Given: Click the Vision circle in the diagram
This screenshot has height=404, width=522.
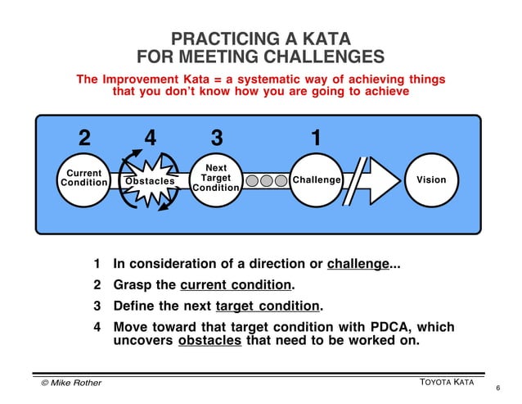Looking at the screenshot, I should pos(431,179).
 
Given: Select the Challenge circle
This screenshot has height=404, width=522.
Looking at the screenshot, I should pos(316,179).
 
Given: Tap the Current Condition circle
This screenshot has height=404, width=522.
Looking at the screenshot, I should pos(83,179).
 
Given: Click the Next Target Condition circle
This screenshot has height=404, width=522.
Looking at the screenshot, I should pos(216,179).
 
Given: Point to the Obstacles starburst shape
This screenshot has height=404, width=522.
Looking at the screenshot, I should pos(149,180).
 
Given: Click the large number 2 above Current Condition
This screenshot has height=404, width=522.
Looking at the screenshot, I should pos(83,138).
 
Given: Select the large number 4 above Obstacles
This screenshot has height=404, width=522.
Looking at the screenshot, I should pos(150,138).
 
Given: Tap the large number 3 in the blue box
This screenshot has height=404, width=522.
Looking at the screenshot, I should pos(216,138).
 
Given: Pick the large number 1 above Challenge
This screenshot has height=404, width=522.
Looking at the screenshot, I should pos(316,138).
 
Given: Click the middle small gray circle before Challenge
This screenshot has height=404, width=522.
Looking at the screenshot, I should pos(267,180).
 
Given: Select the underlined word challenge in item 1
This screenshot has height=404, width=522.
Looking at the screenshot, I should pos(358,265).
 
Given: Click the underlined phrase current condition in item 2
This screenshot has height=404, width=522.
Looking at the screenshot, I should pos(236,286).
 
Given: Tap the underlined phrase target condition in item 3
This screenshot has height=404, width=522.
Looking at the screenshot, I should pos(268,306).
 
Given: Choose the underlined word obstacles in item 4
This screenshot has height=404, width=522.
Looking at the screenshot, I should pos(209,342).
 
